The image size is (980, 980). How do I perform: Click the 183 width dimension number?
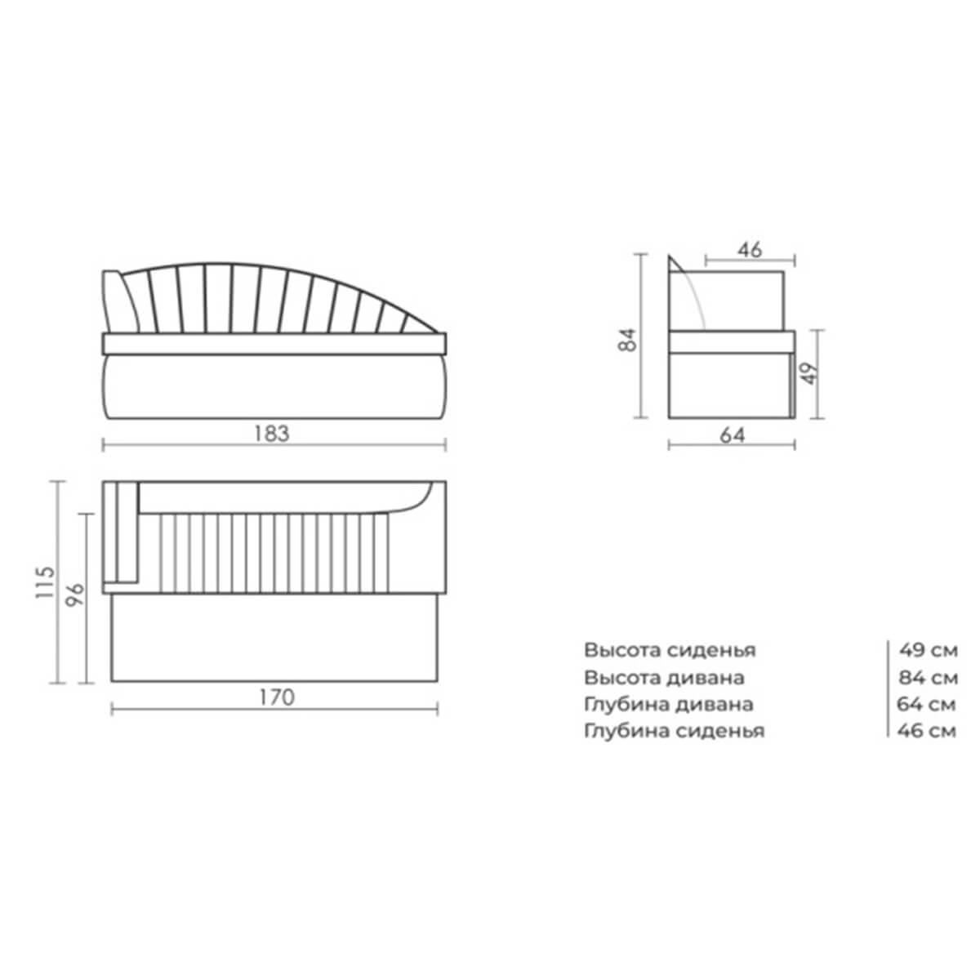click(272, 434)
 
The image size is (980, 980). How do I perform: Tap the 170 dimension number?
click(277, 697)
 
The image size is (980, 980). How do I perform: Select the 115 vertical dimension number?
click(45, 582)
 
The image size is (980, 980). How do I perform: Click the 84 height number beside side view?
click(627, 340)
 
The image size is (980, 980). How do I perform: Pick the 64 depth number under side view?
click(733, 435)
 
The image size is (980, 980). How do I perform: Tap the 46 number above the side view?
click(750, 250)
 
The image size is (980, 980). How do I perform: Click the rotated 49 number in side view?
click(811, 372)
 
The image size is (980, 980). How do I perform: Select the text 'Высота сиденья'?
click(670, 650)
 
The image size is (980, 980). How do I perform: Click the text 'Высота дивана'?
click(664, 678)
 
